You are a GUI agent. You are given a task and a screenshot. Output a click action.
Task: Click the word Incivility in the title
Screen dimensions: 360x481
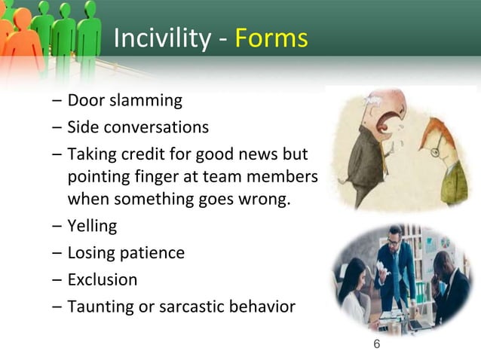(x=161, y=38)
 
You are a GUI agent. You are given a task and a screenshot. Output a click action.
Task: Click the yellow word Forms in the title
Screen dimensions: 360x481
(x=271, y=38)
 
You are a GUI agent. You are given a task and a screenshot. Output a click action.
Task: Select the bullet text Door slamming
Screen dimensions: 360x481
(x=124, y=100)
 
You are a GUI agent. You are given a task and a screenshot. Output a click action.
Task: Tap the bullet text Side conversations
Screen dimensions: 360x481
(x=138, y=127)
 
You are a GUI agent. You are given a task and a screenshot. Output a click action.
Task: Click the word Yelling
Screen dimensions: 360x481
(x=92, y=225)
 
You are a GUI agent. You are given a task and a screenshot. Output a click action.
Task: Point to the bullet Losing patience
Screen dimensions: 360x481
(x=126, y=252)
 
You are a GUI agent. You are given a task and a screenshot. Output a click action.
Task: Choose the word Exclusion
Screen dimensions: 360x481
(x=103, y=279)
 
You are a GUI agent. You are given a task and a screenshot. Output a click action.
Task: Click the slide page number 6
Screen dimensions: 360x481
(x=377, y=344)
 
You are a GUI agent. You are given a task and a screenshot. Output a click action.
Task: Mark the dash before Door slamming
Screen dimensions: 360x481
(x=57, y=101)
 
